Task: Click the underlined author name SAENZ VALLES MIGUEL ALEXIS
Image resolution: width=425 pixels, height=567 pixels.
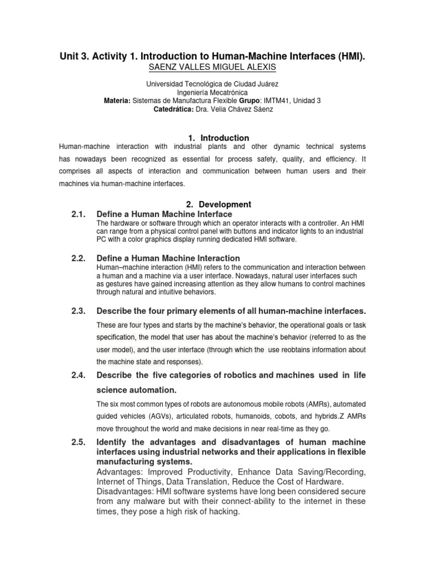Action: point(212,67)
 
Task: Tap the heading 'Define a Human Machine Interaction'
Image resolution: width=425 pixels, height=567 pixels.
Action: point(168,258)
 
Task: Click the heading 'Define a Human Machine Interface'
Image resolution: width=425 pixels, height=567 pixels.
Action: point(164,214)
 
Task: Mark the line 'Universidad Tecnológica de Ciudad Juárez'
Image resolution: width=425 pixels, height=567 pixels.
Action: point(212,84)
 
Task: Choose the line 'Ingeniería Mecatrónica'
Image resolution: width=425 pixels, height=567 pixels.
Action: point(212,92)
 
